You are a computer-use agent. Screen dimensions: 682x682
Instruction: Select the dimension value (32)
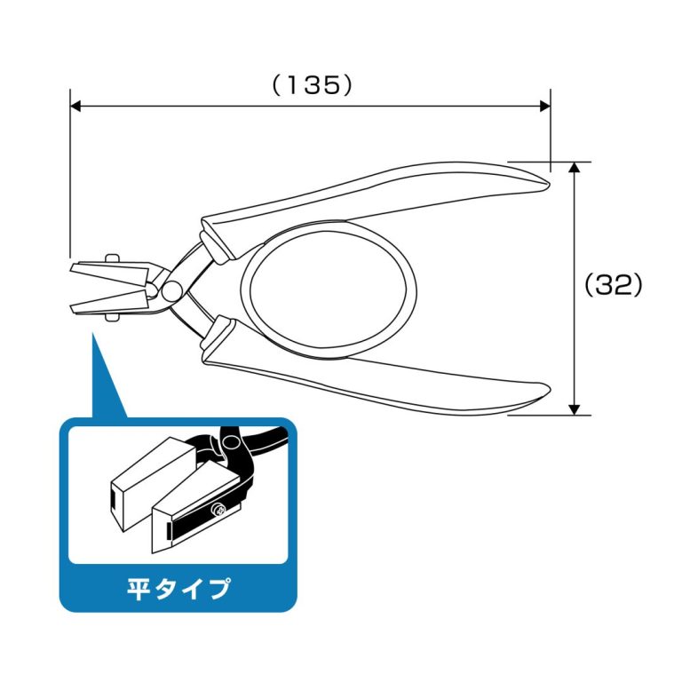click(613, 285)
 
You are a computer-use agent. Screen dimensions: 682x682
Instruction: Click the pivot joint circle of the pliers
click(171, 289)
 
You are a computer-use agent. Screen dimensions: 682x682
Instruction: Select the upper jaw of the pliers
click(112, 271)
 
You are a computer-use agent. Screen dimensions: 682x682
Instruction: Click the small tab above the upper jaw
click(111, 258)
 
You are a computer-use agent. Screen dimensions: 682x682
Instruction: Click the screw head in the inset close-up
click(218, 510)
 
